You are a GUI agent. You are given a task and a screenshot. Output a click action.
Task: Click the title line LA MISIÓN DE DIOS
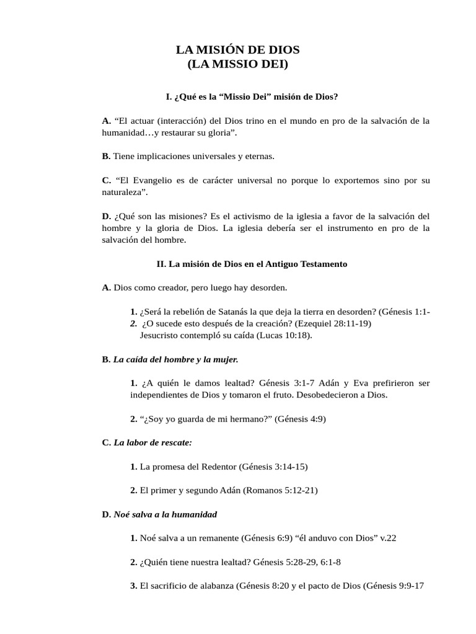[x=238, y=50]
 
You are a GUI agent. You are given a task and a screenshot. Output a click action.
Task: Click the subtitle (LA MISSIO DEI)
[x=238, y=64]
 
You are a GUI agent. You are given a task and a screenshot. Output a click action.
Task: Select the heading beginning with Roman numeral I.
[x=252, y=97]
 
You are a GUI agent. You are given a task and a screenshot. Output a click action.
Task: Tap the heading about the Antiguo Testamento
[x=252, y=264]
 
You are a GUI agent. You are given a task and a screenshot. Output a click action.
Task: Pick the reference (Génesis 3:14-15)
[x=275, y=466]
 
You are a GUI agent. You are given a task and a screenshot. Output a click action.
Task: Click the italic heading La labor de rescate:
[x=152, y=443]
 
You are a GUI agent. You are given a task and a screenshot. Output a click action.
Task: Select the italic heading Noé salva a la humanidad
[x=165, y=515]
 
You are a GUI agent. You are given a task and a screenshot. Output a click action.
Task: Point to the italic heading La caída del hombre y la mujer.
[x=175, y=359]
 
